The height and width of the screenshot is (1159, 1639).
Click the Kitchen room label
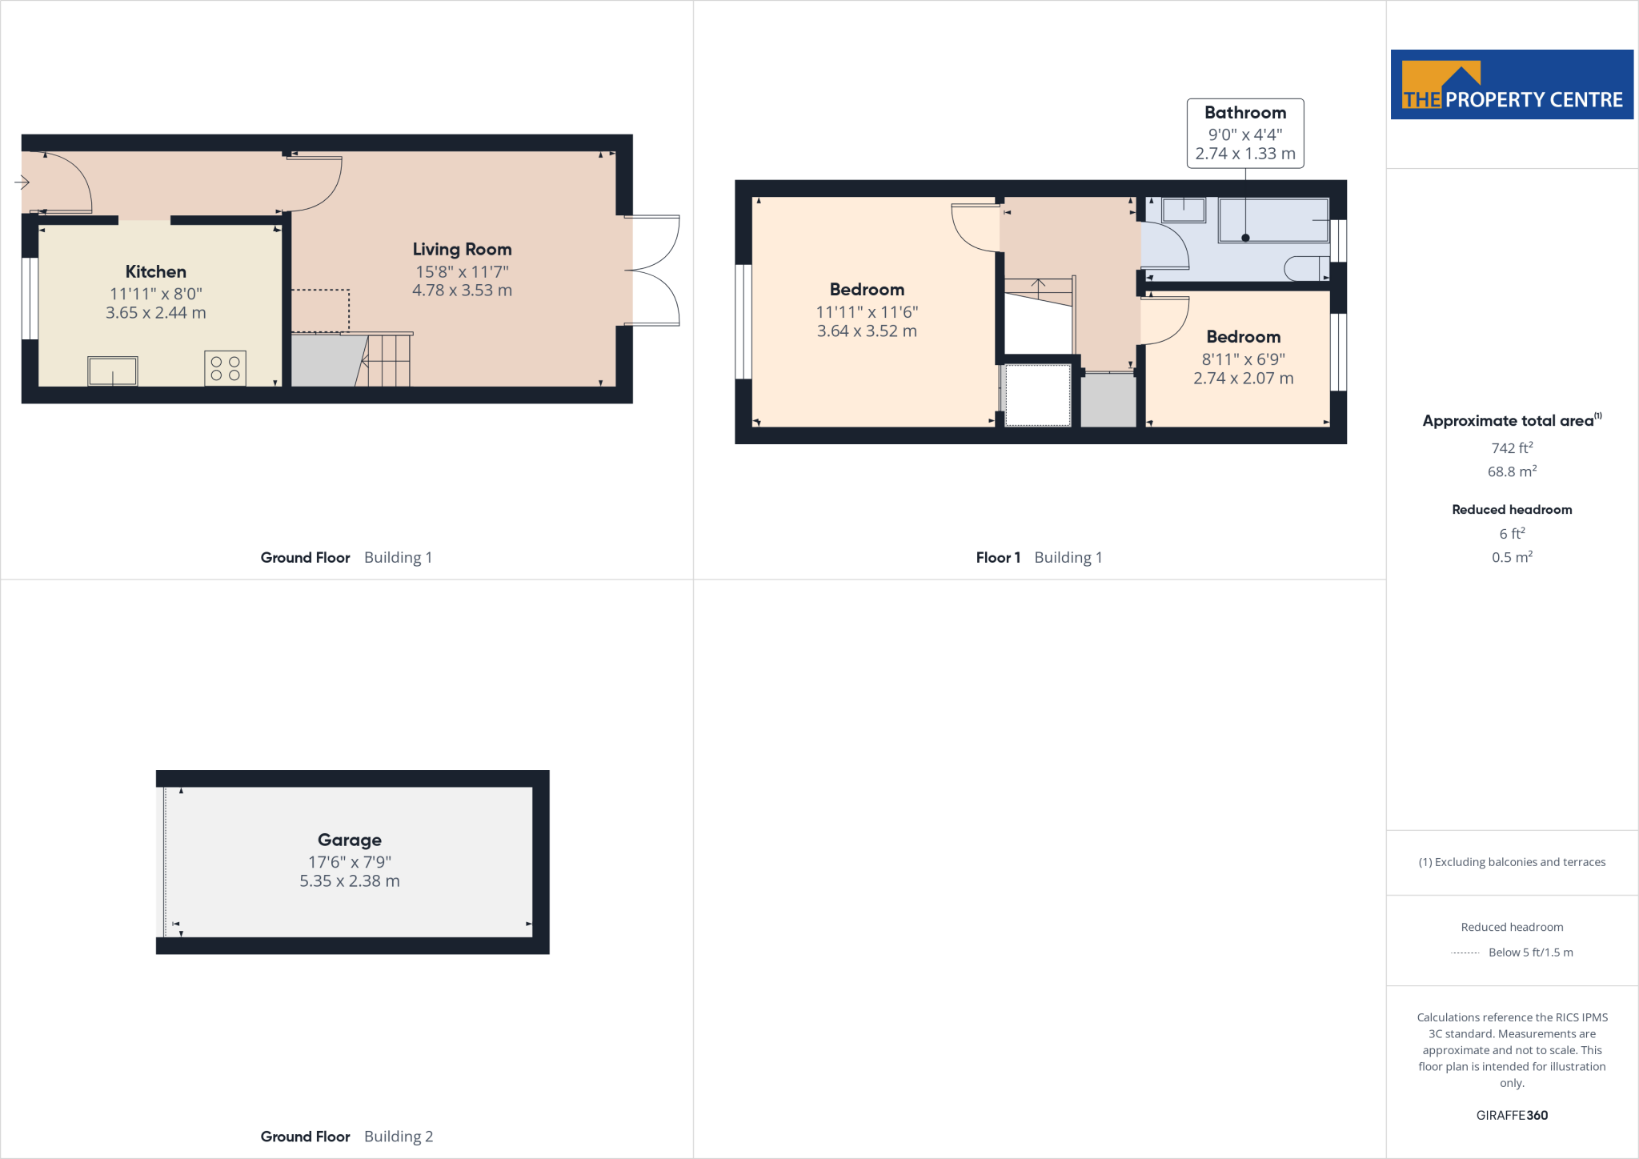[x=155, y=272]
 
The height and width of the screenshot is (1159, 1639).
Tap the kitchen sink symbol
[x=113, y=371]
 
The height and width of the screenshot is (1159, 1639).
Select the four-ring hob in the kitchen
[x=225, y=368]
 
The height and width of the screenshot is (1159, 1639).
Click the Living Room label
[x=462, y=250]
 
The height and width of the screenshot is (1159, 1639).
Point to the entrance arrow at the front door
[x=22, y=182]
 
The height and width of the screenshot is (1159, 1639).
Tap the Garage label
[x=349, y=840]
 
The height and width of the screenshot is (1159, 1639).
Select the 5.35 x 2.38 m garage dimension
[x=349, y=881]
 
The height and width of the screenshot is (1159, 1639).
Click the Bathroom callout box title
[x=1244, y=113]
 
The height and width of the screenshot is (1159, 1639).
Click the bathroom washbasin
[x=1184, y=210]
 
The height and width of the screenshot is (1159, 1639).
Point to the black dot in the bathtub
[x=1245, y=238]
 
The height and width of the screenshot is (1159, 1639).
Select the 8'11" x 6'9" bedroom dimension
[x=1243, y=359]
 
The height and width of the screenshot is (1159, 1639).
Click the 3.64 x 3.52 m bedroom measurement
[x=867, y=331]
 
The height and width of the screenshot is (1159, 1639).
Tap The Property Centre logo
[x=1512, y=85]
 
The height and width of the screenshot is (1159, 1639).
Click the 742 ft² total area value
[x=1512, y=448]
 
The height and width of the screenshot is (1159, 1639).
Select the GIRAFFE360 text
[x=1512, y=1115]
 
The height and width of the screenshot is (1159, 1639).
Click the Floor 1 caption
[x=997, y=558]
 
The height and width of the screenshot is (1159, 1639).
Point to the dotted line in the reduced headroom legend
[x=1465, y=952]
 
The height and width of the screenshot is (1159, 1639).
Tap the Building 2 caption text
[x=398, y=1137]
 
